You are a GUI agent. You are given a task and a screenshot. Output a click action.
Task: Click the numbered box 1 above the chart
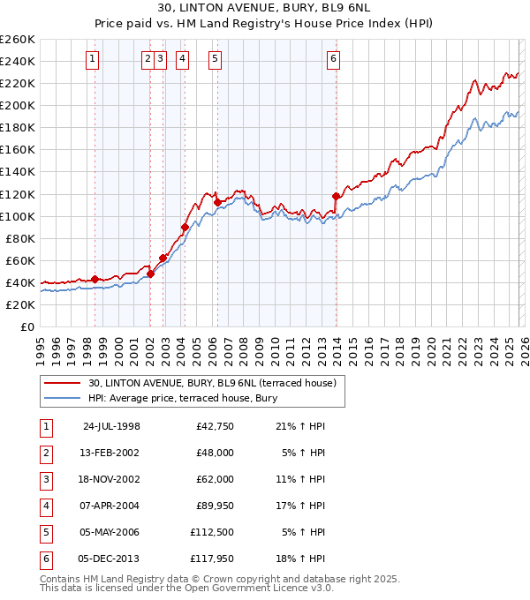tap(93, 59)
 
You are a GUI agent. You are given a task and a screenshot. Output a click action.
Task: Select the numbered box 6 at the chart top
tap(333, 59)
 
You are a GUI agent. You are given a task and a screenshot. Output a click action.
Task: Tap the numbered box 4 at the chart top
tap(181, 59)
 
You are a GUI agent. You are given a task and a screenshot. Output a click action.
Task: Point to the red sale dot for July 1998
tap(95, 279)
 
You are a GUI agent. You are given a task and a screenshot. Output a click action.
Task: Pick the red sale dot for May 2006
tap(217, 202)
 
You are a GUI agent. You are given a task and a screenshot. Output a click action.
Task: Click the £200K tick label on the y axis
tap(17, 105)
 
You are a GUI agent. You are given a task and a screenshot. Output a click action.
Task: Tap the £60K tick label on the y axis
tap(19, 260)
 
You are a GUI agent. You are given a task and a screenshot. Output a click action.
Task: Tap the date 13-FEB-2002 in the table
tap(111, 453)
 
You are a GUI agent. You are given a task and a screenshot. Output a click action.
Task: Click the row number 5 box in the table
tap(44, 532)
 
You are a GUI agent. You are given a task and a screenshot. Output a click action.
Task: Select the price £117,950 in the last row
tap(211, 559)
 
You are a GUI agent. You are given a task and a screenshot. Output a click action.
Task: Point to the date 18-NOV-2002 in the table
tap(111, 479)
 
